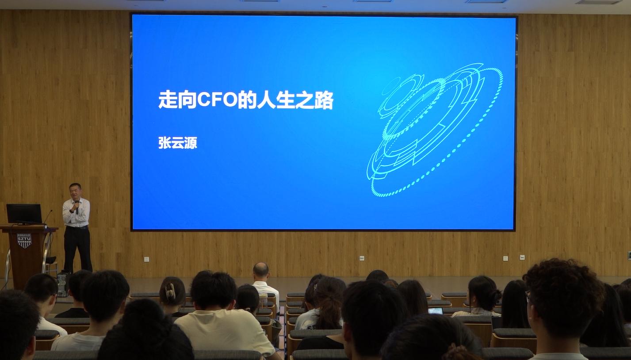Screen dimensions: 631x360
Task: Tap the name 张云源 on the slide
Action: click(x=178, y=143)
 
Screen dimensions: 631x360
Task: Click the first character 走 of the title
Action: click(x=168, y=100)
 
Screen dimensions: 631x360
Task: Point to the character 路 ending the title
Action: click(x=324, y=100)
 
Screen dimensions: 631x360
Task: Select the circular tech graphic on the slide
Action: click(x=435, y=130)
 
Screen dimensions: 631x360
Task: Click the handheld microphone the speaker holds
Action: click(x=77, y=207)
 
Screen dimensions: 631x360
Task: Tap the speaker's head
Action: click(x=75, y=191)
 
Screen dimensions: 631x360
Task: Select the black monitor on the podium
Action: click(x=24, y=214)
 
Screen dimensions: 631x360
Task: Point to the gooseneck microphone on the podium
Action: click(x=48, y=217)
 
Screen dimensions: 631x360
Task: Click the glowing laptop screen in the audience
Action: click(x=435, y=311)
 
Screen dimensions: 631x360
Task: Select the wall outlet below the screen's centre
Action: click(x=362, y=258)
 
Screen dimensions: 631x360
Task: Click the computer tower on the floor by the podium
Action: click(x=62, y=283)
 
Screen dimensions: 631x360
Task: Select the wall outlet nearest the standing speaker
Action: click(x=146, y=259)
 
